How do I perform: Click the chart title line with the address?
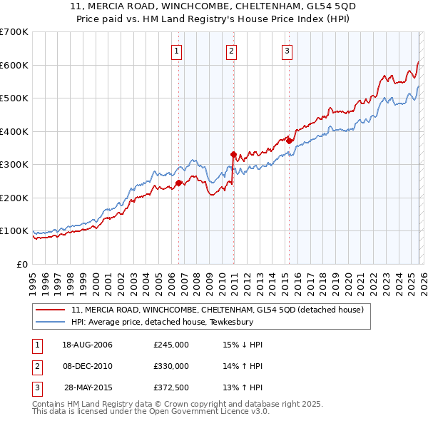[x=213, y=6]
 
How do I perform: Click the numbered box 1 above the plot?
[x=176, y=50]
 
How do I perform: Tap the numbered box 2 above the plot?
[x=232, y=50]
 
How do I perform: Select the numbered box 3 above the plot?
[x=287, y=50]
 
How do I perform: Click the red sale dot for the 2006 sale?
[x=178, y=183]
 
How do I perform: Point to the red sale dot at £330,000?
[x=233, y=154]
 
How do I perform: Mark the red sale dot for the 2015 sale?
[x=289, y=141]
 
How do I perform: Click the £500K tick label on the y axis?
[x=14, y=98]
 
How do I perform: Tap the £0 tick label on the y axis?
[x=21, y=264]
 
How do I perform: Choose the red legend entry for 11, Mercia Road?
[x=218, y=310]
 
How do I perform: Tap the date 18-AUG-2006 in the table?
[x=87, y=345]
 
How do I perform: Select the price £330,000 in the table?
[x=171, y=366]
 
